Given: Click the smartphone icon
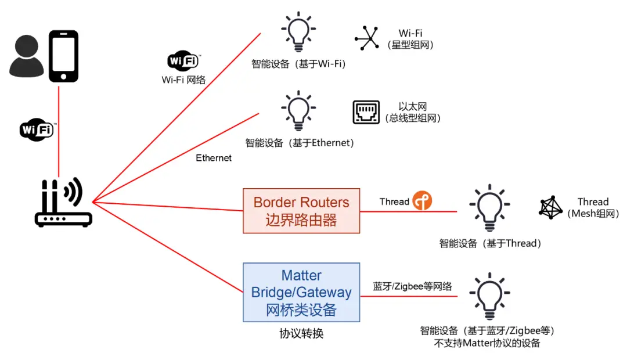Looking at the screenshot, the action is [x=63, y=56].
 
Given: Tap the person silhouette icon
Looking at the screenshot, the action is [x=26, y=57].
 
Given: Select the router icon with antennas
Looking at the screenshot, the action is [x=63, y=203].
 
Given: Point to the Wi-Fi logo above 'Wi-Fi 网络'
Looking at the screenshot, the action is [x=183, y=60].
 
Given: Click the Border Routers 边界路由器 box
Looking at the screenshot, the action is [x=301, y=211].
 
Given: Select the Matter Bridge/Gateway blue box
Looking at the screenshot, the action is [x=301, y=292].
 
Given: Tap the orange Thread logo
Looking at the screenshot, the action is [x=422, y=201].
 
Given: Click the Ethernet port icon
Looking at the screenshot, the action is [x=366, y=112].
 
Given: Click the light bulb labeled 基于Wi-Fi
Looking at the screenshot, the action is [x=298, y=33].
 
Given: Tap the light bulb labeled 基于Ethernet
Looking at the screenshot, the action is [x=298, y=110].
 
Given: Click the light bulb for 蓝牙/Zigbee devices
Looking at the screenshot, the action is [x=489, y=297].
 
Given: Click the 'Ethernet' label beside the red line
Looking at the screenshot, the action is [x=214, y=158].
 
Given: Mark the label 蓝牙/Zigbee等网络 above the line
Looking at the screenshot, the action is [x=412, y=286].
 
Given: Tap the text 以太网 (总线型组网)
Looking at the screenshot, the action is [x=413, y=113].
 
